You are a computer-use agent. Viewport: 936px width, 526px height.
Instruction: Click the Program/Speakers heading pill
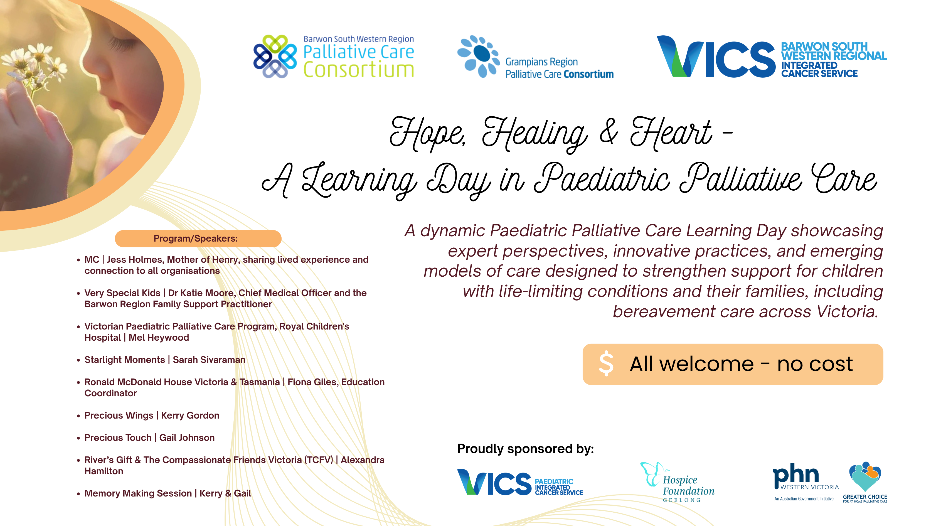[198, 239]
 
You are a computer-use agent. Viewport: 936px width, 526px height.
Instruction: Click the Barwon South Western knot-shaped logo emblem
[275, 56]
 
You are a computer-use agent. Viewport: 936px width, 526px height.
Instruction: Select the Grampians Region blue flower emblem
[479, 56]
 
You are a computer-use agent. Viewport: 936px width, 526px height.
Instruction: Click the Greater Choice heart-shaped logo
[865, 476]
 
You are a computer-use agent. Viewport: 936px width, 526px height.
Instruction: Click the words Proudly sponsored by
[525, 449]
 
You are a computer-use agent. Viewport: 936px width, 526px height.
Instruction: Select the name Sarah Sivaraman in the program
[209, 360]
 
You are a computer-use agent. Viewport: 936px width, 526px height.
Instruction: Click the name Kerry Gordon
[190, 416]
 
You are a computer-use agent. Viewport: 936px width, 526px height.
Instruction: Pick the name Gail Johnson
[187, 438]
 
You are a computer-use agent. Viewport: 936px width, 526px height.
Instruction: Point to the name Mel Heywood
[159, 338]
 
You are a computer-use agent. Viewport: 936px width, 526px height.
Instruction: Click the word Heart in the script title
[671, 133]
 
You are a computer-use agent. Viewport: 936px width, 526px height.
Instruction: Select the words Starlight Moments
[125, 360]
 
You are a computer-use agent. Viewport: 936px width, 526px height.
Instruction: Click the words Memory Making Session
[138, 493]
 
